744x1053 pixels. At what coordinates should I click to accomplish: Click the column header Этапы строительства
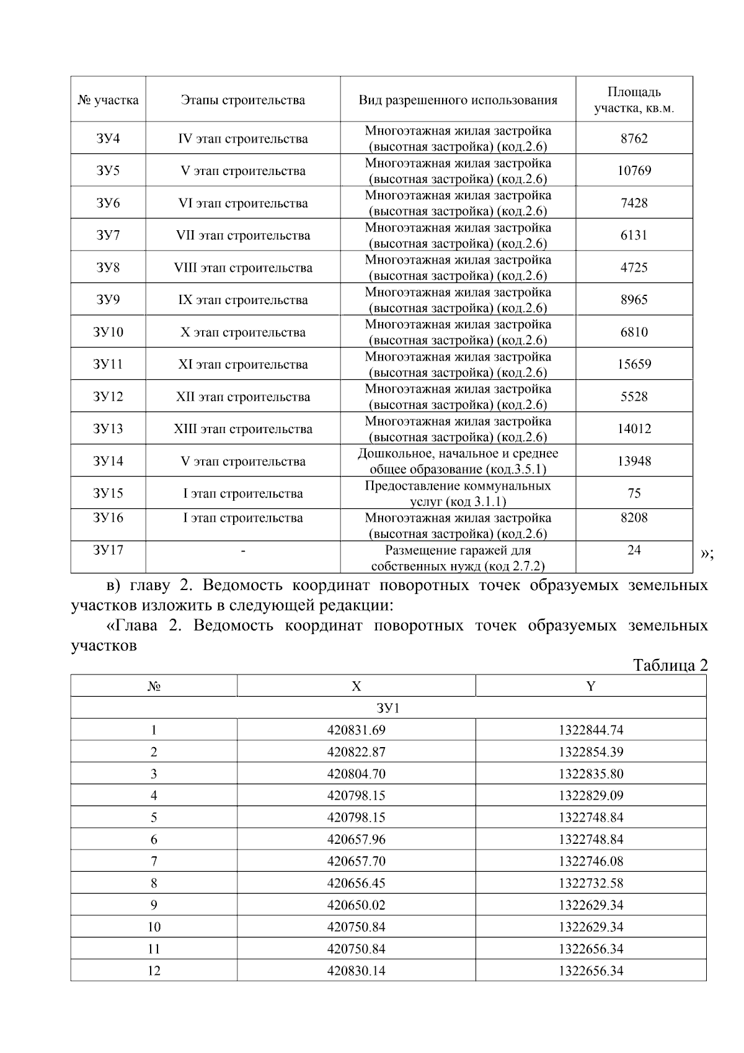click(242, 100)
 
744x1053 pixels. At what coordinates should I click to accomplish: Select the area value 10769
click(634, 171)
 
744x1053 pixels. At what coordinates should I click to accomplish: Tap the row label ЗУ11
click(108, 364)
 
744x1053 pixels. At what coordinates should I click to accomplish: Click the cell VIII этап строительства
click(242, 267)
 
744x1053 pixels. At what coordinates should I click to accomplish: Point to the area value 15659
click(634, 364)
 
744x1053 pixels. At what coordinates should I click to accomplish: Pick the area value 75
click(634, 493)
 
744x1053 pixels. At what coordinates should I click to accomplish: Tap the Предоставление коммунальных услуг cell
click(458, 493)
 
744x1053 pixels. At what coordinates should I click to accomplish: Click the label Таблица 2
click(670, 665)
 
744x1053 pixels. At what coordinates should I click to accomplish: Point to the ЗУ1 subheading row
click(388, 708)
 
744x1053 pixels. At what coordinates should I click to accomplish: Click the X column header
click(356, 686)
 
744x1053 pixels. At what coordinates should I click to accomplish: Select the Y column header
click(590, 686)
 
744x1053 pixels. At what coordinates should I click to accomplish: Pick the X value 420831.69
click(356, 730)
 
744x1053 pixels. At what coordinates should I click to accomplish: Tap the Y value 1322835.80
click(590, 774)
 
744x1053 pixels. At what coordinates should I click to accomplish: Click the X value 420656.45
click(356, 883)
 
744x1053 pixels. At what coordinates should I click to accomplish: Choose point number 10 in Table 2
click(154, 927)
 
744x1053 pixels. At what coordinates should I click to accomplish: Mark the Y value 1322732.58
click(590, 883)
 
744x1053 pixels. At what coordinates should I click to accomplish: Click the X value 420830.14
click(356, 970)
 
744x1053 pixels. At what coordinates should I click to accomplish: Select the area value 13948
click(634, 461)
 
